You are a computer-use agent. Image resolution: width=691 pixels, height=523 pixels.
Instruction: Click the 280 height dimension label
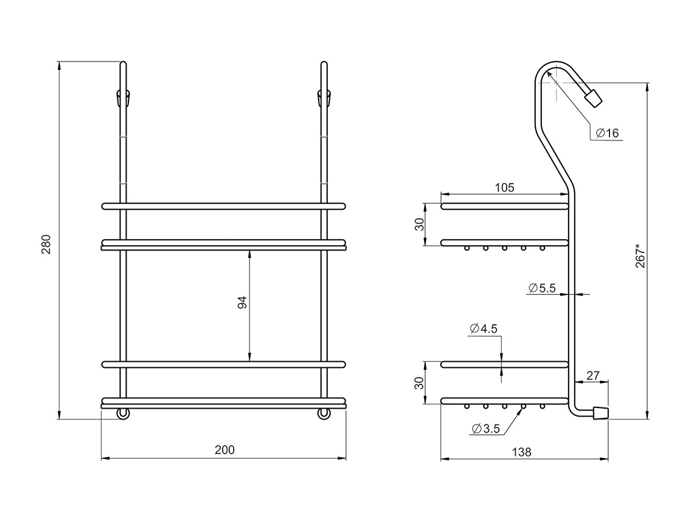(x=46, y=244)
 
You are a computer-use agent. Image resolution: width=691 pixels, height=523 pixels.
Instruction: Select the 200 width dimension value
(x=224, y=450)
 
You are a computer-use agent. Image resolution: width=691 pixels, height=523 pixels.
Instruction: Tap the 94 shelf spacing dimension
(x=242, y=302)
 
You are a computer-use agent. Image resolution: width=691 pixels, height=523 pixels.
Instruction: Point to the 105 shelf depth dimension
(x=504, y=187)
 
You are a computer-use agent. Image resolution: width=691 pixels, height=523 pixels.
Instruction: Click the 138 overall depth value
(x=522, y=452)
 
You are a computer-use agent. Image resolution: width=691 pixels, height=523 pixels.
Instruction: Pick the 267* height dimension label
(x=641, y=255)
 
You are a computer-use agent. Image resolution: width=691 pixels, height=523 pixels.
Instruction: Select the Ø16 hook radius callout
(x=607, y=133)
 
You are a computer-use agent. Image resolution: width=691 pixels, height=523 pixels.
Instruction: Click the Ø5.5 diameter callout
(x=541, y=288)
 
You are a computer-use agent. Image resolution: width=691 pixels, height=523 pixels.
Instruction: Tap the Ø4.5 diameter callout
(x=484, y=328)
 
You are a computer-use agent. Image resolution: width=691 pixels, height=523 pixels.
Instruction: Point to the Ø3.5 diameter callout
(x=485, y=428)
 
